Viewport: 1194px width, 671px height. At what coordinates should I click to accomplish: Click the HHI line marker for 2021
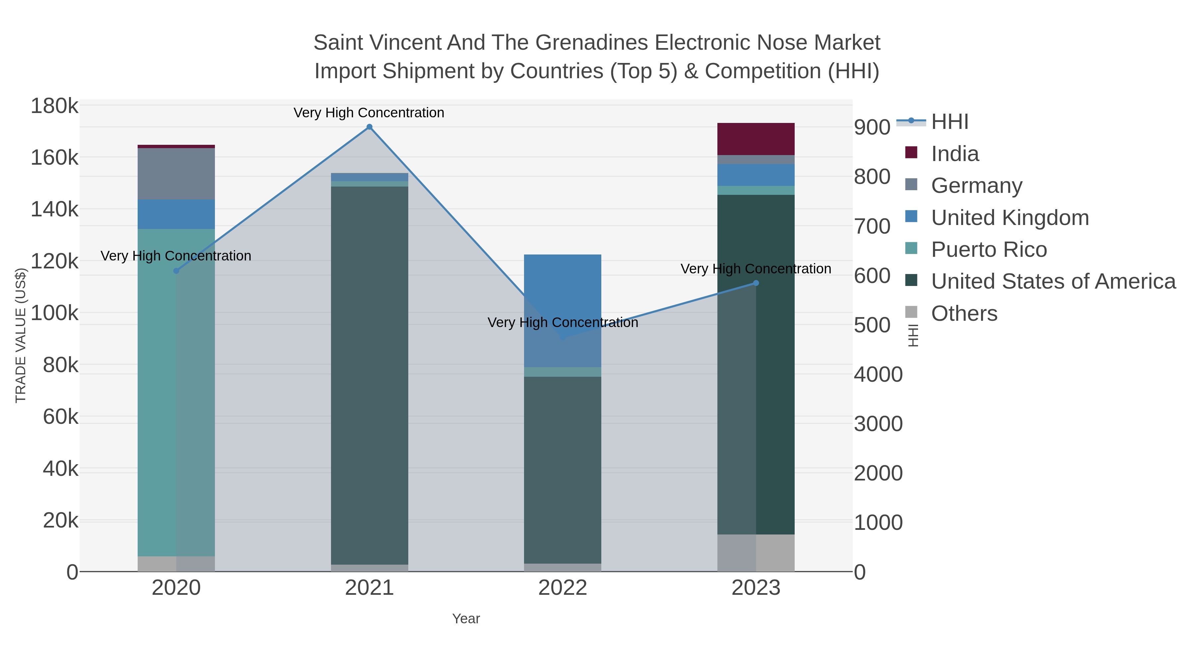click(369, 127)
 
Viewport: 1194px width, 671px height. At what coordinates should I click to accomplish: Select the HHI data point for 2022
click(563, 337)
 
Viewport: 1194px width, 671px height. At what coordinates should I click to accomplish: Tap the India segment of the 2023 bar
click(756, 139)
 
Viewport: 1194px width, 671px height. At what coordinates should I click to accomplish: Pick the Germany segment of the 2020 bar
click(176, 174)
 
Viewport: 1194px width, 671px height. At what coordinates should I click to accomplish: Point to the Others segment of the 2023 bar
click(756, 553)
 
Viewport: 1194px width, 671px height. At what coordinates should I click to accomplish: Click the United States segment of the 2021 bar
click(369, 375)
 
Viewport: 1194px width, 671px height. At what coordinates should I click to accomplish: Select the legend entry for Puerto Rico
click(989, 250)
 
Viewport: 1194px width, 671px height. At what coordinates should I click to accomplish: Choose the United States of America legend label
click(1053, 282)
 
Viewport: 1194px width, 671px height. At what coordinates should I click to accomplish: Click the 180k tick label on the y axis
click(55, 106)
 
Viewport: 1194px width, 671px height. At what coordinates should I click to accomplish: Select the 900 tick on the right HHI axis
click(872, 127)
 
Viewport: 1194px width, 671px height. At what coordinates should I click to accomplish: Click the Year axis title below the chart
click(466, 619)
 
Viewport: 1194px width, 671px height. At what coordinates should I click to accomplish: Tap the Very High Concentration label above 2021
click(369, 113)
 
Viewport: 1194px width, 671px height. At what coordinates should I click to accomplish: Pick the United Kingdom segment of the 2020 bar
click(176, 214)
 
